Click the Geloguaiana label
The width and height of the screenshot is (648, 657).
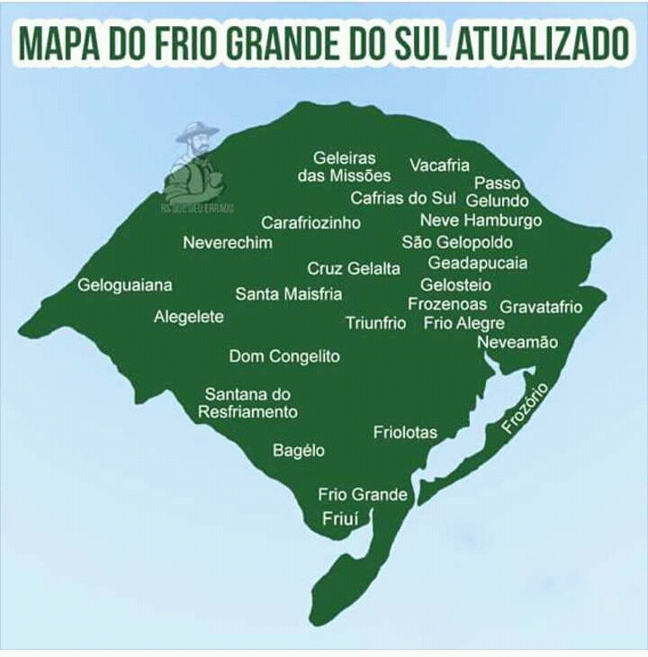[x=125, y=285]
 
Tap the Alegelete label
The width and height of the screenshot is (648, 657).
[x=189, y=317]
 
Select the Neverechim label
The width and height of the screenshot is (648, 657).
[x=228, y=242]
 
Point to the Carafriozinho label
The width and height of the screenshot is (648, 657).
[x=311, y=222]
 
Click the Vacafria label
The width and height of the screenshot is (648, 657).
[x=440, y=165]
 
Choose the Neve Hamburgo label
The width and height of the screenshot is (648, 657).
[x=481, y=220]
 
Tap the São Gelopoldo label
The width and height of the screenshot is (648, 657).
[x=457, y=242]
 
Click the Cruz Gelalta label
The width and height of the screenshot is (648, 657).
[x=354, y=268]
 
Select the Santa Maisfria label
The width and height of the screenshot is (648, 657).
[x=289, y=293]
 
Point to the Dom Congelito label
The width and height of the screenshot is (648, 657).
[x=284, y=356]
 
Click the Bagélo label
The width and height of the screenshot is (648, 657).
[x=299, y=450]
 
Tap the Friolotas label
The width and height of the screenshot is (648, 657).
[x=405, y=433]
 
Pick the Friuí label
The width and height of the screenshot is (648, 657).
[x=340, y=518]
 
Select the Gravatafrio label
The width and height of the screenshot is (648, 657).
[x=541, y=307]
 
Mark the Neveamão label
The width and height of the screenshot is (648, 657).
[x=517, y=343]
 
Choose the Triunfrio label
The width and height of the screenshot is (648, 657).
[x=376, y=323]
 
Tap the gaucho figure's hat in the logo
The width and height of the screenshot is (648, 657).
[x=196, y=131]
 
